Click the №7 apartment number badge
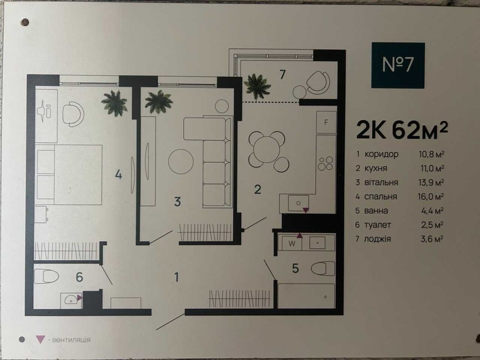398,65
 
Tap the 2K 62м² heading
402,130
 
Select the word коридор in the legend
382,154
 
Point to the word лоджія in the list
377,239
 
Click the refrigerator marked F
326,122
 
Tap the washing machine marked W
292,243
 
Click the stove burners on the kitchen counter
325,163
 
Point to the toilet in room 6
46,276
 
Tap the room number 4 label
119,175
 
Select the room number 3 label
178,202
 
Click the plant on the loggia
258,86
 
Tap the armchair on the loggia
318,82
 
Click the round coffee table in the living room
180,162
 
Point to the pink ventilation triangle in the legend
40,339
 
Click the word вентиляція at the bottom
72,340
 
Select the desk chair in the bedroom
73,114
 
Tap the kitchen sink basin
298,203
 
